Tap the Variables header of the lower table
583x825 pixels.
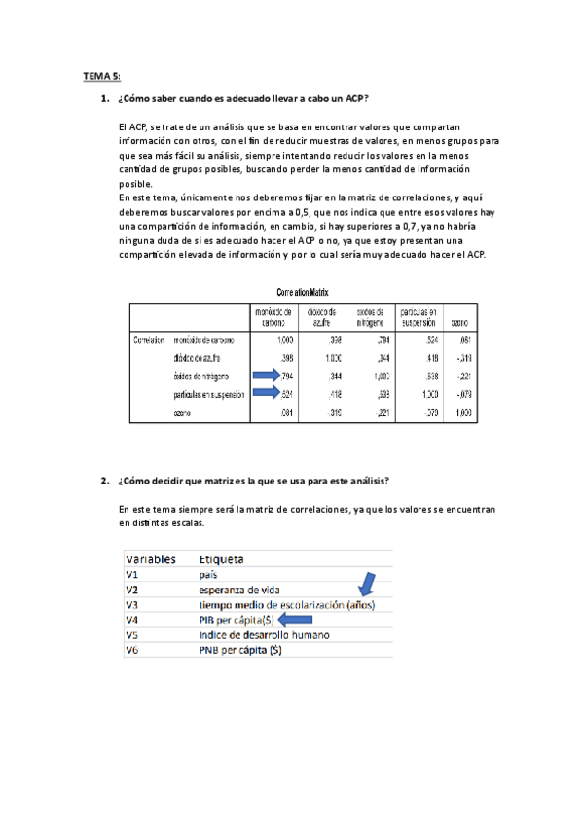pos(150,559)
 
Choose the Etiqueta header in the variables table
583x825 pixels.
pos(221,559)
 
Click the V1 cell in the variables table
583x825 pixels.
pos(133,575)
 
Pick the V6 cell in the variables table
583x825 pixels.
pos(133,650)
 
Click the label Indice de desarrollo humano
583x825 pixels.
pos(265,634)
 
